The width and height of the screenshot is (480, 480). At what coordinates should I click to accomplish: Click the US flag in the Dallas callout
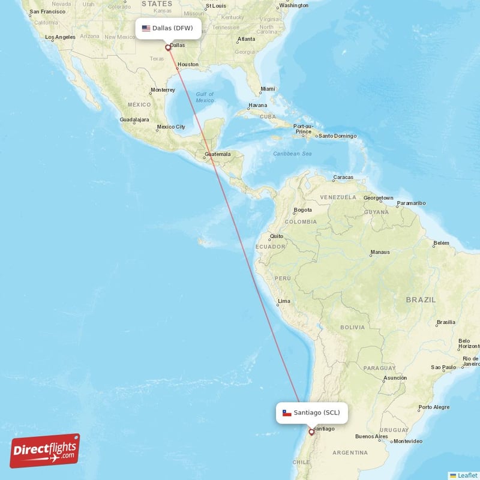coord(146,28)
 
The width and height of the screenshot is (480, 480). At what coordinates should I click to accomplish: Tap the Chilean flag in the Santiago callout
coord(287,413)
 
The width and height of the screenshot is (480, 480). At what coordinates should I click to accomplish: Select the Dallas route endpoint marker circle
coord(168,47)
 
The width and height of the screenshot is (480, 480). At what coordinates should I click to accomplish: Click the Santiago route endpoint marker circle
coord(311,431)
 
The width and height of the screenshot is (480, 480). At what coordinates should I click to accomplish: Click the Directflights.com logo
coord(45,451)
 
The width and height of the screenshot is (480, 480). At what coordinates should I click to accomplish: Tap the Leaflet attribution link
coord(463,475)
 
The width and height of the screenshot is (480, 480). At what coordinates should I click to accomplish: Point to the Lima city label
coord(284,301)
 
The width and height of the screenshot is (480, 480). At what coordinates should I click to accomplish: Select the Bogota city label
coord(302,210)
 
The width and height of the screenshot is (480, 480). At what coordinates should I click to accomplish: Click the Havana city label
coord(257,105)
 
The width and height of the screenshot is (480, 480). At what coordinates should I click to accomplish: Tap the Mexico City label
coord(170,127)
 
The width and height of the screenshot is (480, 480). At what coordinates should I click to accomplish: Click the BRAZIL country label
coord(421,299)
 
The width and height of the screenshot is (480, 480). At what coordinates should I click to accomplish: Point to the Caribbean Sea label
coord(292,154)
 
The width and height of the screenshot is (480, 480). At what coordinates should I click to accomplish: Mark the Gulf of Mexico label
coord(205,97)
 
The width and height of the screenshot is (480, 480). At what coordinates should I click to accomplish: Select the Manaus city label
coord(380,252)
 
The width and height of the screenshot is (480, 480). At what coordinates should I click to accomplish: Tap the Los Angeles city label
coord(60,37)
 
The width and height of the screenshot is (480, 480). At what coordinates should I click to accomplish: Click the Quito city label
coord(277,236)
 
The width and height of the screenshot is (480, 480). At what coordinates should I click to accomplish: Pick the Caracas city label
coord(343,178)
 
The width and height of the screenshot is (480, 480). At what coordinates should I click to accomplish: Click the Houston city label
coord(188,64)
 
